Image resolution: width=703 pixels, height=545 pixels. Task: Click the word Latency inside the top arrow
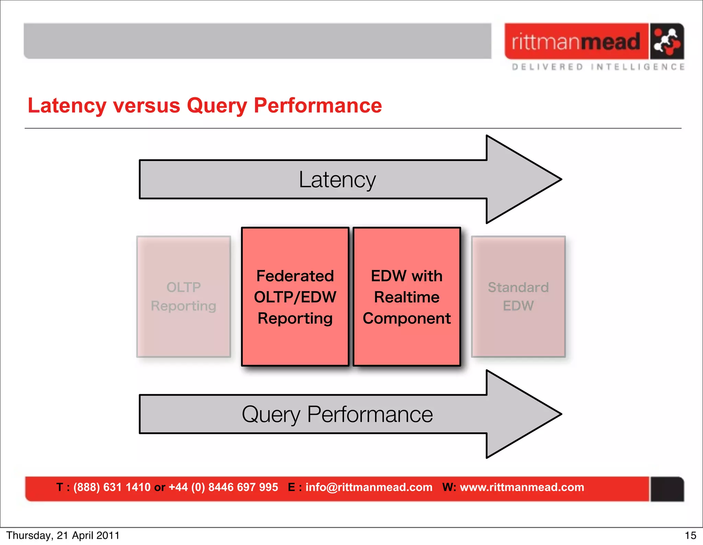337,180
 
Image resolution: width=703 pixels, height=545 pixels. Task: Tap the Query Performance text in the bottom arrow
337,415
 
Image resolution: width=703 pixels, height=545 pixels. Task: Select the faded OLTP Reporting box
184,297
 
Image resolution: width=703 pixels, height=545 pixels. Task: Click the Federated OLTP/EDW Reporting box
295,297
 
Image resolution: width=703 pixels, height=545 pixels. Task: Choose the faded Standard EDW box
518,297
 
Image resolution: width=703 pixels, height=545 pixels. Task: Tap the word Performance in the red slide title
318,105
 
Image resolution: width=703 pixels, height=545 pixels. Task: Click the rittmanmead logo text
576,42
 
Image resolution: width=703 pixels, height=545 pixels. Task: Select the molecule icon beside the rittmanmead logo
666,42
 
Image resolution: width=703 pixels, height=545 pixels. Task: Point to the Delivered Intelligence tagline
598,67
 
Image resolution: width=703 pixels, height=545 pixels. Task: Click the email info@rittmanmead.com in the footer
369,487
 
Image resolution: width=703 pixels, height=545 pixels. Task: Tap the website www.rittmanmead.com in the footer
522,487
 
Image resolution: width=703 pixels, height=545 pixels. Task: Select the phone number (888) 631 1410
112,487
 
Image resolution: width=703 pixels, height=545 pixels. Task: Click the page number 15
690,535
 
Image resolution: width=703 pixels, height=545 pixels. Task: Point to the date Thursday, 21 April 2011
63,535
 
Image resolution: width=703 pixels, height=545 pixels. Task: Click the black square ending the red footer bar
667,489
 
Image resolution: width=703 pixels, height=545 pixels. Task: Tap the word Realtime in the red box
407,297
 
